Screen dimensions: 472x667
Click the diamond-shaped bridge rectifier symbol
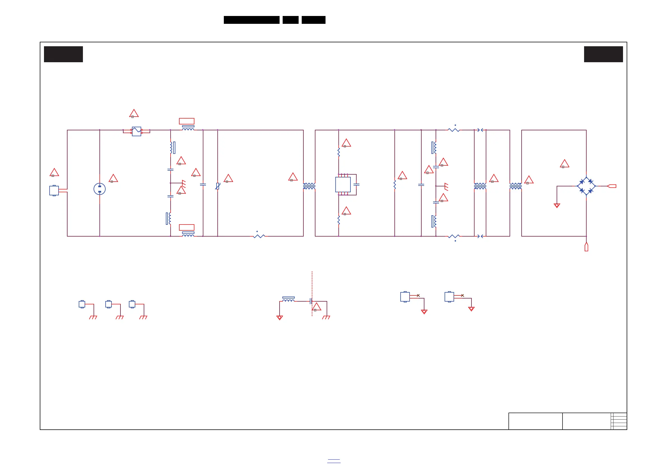point(586,186)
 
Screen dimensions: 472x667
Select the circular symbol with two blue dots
point(100,189)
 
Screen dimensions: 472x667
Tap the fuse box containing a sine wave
point(136,131)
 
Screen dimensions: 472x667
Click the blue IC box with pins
point(343,184)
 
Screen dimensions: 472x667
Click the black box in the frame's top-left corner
point(63,54)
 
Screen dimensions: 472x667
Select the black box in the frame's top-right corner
point(603,54)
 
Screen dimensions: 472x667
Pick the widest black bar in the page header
point(252,20)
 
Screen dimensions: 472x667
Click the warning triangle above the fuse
point(134,113)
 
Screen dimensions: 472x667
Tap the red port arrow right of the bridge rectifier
point(612,186)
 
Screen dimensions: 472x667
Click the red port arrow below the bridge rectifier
point(586,247)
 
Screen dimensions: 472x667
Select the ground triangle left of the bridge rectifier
point(557,205)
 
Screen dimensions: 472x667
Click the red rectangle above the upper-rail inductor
point(187,121)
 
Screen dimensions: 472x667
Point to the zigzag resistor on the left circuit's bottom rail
point(259,236)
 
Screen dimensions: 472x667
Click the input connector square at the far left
point(54,191)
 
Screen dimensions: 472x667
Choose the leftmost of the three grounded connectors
point(82,304)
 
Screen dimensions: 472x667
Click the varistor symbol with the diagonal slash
point(218,186)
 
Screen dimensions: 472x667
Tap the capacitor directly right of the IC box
point(356,184)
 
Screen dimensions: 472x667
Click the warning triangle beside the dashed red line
point(317,307)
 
